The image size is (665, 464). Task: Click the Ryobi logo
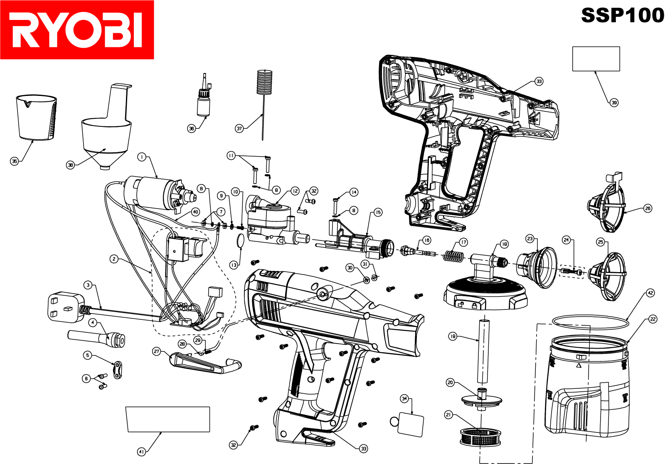point(77,30)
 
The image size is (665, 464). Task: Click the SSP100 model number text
point(622,15)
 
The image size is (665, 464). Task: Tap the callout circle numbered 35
point(15,161)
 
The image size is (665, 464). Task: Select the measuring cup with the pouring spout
point(37,118)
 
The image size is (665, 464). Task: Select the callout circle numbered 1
point(142,157)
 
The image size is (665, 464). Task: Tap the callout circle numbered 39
point(614,103)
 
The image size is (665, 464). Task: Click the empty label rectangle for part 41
point(167,419)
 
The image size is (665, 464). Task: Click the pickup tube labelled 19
point(484,351)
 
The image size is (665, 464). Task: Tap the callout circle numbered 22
point(653,319)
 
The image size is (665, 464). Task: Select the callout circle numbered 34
point(404,399)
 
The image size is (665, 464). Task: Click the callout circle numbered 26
point(648,209)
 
